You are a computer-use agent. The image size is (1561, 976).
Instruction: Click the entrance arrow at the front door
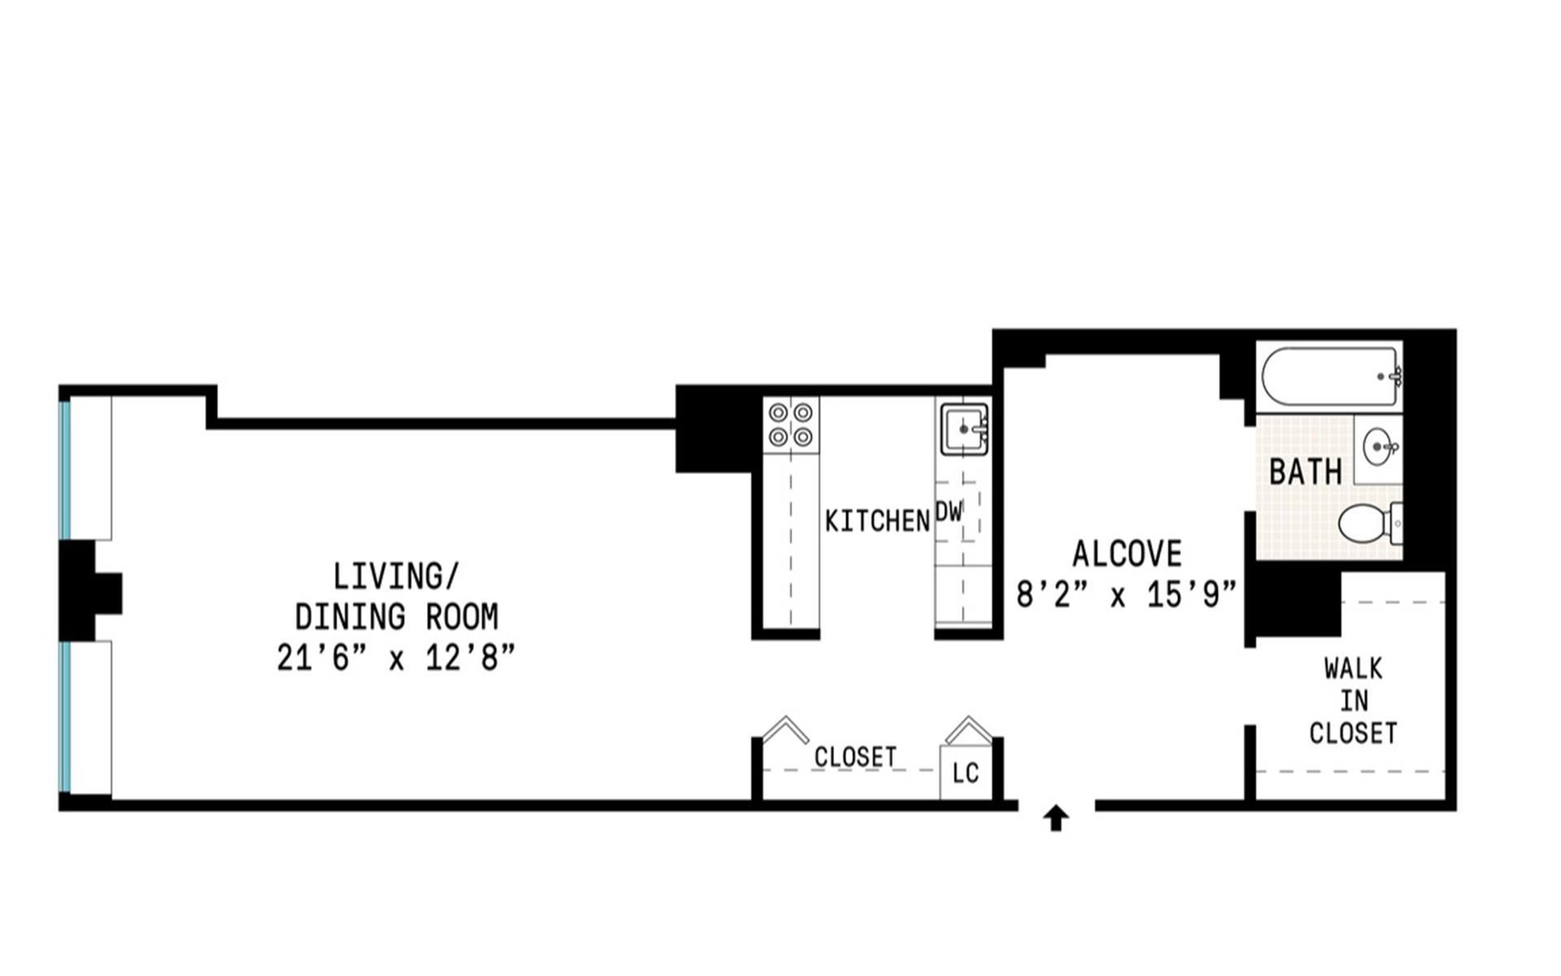pos(1056,818)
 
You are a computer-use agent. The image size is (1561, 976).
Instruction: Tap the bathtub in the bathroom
pos(1331,376)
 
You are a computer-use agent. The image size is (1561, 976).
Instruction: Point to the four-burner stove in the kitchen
pos(791,425)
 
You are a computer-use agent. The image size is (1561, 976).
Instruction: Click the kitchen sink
pos(964,428)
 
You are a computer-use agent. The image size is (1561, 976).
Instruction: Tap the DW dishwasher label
pos(948,512)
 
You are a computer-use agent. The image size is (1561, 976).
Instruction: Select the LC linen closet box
pos(966,772)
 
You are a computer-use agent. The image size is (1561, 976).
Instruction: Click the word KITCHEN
pos(877,521)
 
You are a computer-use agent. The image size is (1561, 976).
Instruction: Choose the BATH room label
pos(1305,472)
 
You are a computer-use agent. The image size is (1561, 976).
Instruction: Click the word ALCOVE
pos(1127,554)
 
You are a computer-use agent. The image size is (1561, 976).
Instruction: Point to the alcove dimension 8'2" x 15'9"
pos(1126,595)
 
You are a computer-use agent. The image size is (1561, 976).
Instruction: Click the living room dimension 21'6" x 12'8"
pos(396,657)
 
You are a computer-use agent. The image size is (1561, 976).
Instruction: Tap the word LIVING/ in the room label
pos(396,577)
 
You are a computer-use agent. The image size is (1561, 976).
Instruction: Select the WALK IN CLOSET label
pos(1353,701)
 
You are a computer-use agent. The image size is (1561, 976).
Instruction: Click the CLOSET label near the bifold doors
pos(854,757)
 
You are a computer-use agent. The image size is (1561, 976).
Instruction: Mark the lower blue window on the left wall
pos(65,717)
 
